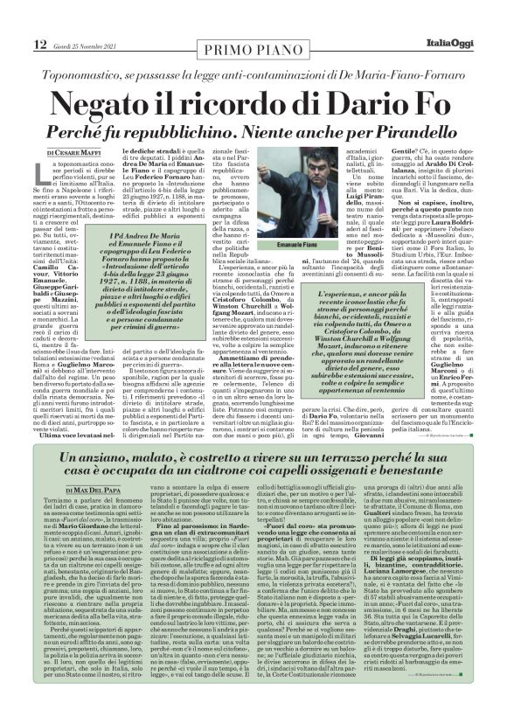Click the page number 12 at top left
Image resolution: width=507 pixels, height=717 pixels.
(x=17, y=18)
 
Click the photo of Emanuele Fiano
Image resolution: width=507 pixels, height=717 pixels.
(x=306, y=205)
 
